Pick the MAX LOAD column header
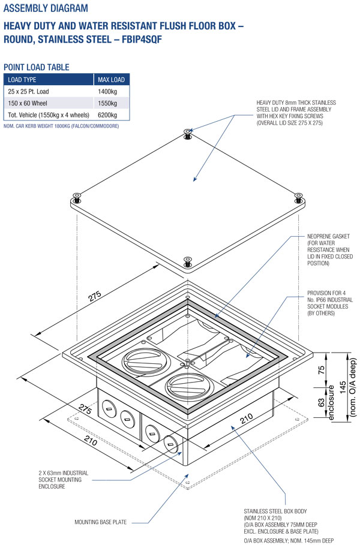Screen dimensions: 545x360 [x=111, y=80]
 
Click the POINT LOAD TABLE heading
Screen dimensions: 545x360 [x=36, y=67]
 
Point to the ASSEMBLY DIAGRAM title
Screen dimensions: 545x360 [x=46, y=9]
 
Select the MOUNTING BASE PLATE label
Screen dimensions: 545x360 [x=101, y=522]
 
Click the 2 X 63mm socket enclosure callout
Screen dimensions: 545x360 [x=63, y=480]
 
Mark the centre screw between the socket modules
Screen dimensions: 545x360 [x=187, y=362]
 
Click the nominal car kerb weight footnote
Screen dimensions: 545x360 [x=61, y=127]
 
